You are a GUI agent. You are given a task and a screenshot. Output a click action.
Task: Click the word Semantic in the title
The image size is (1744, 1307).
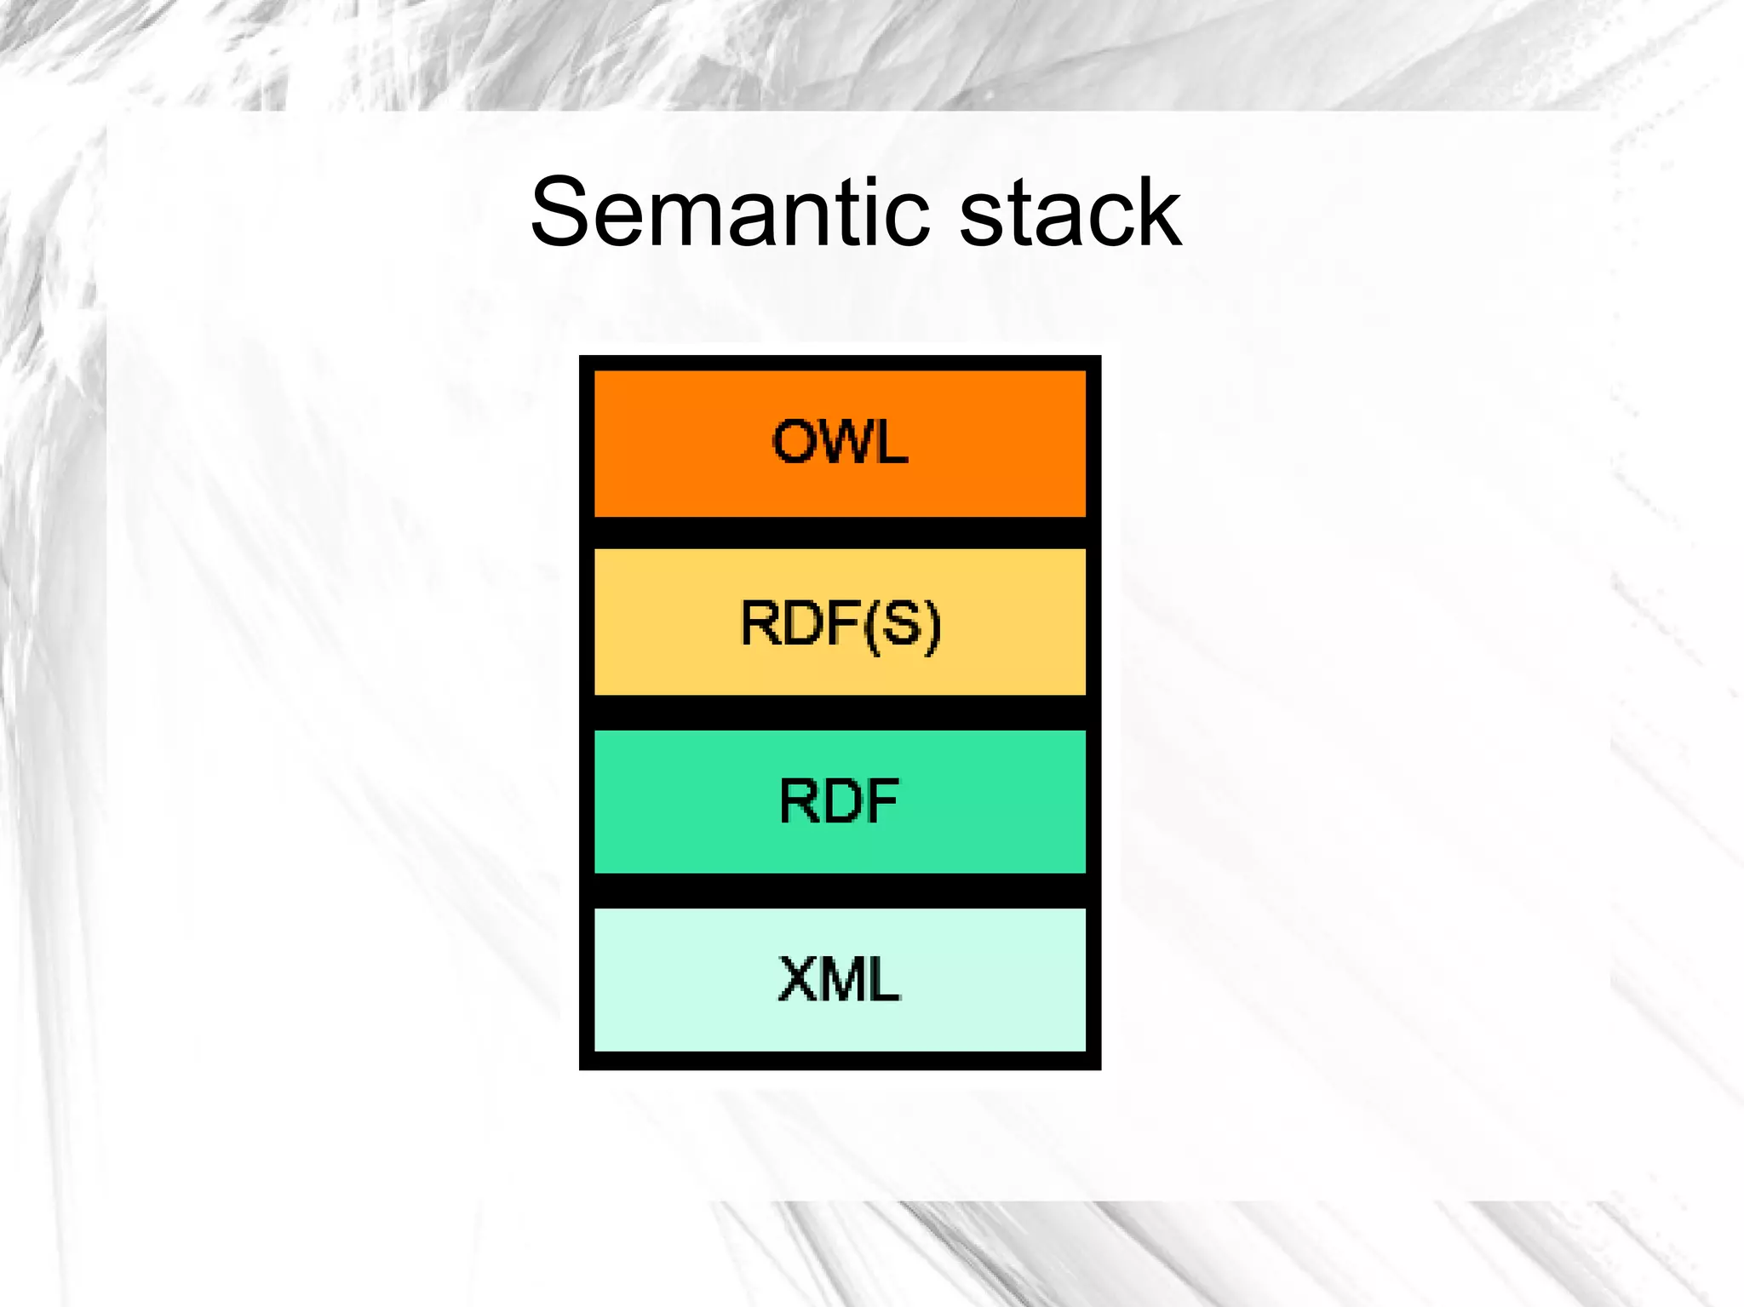(729, 213)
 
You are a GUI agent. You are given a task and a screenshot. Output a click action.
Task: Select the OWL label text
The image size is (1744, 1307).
(840, 442)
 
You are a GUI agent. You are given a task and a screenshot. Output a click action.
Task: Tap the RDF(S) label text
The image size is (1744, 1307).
(840, 623)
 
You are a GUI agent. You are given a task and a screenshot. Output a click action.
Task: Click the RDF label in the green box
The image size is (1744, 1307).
(839, 801)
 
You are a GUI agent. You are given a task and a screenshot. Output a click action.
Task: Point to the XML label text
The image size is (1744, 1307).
(839, 979)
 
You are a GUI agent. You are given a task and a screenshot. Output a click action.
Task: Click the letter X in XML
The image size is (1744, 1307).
(799, 979)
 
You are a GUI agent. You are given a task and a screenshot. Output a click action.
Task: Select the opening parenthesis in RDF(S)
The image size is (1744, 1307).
(870, 625)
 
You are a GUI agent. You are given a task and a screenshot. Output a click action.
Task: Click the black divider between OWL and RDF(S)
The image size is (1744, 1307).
(840, 533)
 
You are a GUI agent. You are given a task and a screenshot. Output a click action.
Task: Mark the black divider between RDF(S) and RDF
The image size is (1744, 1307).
(840, 712)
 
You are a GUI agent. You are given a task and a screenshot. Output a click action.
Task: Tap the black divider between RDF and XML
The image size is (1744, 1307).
(840, 891)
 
